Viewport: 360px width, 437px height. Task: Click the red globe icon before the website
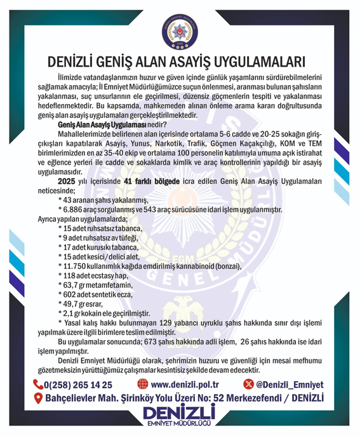[143, 384]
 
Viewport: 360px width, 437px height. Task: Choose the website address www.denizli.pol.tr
[187, 384]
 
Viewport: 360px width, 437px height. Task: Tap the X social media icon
[248, 384]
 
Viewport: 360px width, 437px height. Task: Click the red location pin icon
[39, 398]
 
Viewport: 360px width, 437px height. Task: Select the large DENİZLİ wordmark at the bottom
[180, 413]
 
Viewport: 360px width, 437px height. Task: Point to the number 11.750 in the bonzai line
[74, 267]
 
